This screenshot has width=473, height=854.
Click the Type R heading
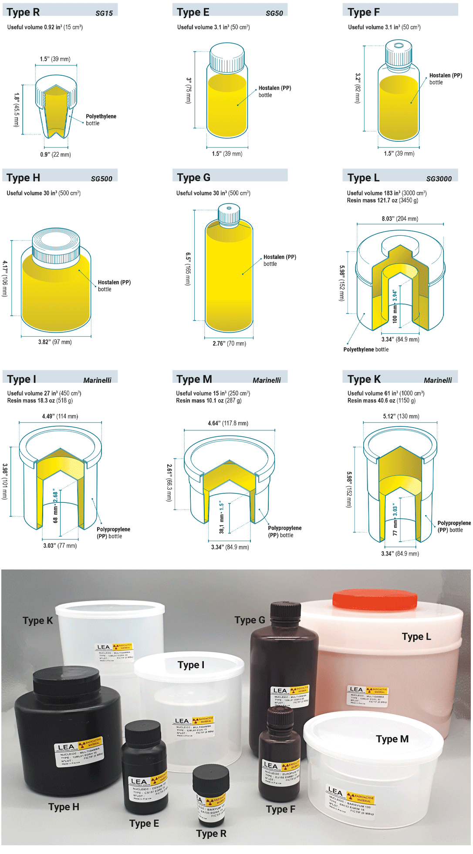(24, 12)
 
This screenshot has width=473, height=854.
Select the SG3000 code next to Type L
(439, 179)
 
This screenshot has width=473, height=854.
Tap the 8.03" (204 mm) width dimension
(400, 219)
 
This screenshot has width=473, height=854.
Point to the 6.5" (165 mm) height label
(188, 268)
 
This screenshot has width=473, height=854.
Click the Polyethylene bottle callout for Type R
(101, 120)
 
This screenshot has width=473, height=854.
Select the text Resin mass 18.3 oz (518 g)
(40, 401)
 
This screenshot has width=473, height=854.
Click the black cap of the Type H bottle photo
(67, 681)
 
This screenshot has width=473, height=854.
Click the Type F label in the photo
(280, 809)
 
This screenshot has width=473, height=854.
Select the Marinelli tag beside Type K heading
(437, 380)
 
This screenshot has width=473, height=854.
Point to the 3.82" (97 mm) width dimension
(55, 342)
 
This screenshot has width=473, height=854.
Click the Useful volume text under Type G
(213, 193)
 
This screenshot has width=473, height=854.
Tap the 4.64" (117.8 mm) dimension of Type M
(228, 423)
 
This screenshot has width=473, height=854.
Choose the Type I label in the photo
(191, 665)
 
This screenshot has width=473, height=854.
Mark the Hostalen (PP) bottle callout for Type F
(445, 79)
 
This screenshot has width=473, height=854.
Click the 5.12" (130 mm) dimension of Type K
(401, 416)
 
